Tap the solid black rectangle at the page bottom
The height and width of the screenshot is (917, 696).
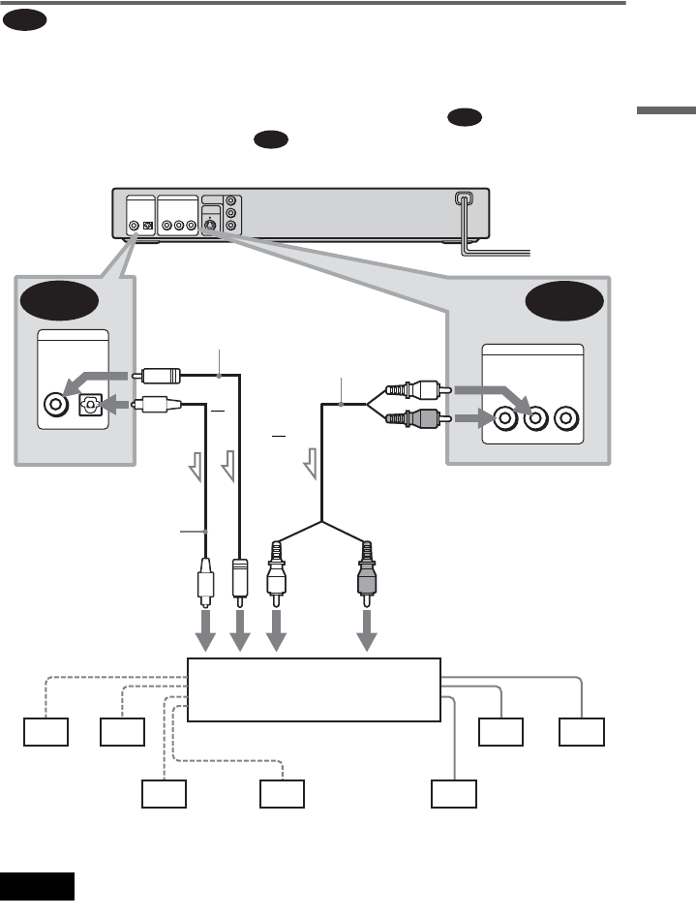tap(38, 885)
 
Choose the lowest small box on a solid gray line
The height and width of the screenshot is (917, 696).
tap(455, 794)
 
